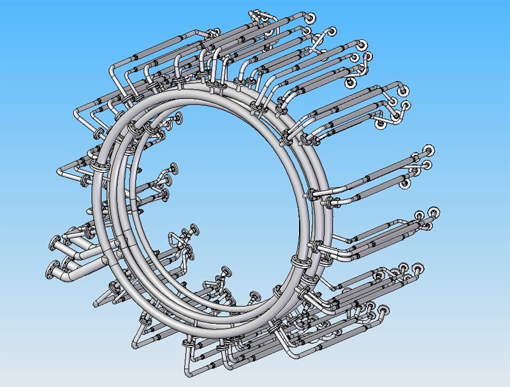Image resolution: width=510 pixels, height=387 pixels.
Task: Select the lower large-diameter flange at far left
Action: click(51, 268)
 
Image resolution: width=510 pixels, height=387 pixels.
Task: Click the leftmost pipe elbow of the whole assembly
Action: click(61, 171)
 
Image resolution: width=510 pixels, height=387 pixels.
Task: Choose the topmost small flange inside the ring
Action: click(177, 117)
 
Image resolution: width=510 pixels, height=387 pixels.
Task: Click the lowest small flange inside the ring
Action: click(255, 295)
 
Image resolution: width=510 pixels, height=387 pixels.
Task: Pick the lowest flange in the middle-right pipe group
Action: click(404, 185)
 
